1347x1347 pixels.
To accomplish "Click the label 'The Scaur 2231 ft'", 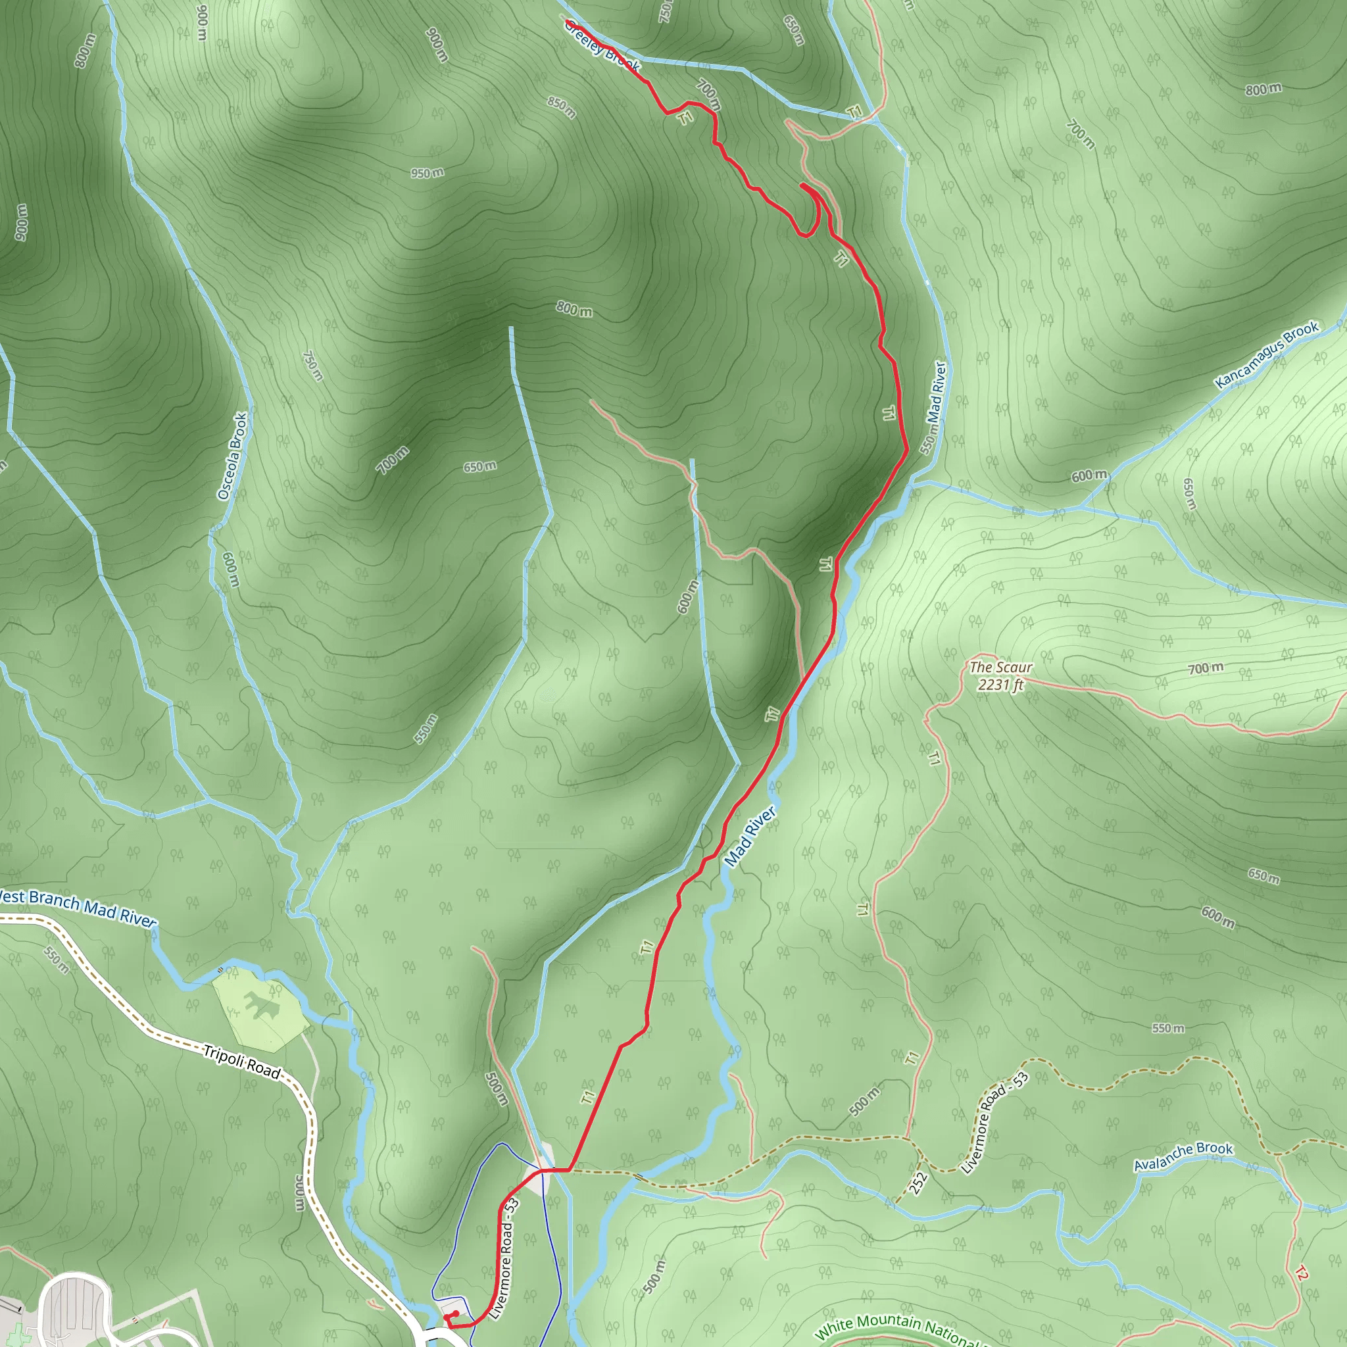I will [1000, 675].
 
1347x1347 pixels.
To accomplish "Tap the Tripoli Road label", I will [241, 1061].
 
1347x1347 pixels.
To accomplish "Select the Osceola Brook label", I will [233, 456].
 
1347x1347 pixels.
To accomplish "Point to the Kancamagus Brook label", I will [1266, 355].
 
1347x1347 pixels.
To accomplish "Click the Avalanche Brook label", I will [1183, 1157].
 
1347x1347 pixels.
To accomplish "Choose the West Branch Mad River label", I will [77, 908].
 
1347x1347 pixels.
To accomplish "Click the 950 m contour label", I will [427, 172].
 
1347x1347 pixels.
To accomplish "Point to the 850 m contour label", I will [561, 107].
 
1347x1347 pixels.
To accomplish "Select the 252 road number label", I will [918, 1182].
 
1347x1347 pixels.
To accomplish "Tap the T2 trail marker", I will [1300, 1273].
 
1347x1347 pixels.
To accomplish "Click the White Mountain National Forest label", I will [899, 1328].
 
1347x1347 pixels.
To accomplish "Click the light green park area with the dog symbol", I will [260, 1008].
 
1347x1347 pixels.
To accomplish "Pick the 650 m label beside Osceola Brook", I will [479, 466].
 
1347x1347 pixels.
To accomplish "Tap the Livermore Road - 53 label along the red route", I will [504, 1258].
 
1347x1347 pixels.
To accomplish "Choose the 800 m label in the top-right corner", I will [1263, 89].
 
